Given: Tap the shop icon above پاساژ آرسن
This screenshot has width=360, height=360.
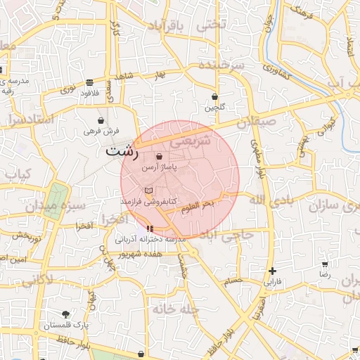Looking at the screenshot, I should coord(159,156).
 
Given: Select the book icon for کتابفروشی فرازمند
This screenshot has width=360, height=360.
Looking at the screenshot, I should coord(148,191).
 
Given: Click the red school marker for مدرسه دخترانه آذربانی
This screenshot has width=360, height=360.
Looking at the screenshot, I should coord(149,229).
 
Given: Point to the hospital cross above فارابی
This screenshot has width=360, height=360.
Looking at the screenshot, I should coord(272,271).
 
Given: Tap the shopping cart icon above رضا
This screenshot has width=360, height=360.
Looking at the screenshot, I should coord(324,264).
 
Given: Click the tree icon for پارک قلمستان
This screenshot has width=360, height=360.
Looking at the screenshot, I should coord(65,314).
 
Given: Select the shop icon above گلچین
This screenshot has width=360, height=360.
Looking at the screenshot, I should coord(214,97).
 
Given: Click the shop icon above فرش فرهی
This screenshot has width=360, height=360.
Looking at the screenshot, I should coord(101,120).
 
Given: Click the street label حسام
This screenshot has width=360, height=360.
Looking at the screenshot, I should coord(231,281).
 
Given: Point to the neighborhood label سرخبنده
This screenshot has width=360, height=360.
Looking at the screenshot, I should coord(220,64).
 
